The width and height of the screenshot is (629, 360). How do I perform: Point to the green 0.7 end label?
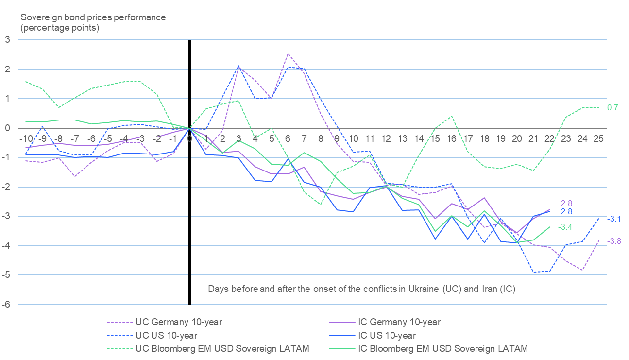pos(612,107)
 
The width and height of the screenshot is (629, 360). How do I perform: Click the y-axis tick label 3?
pos(7,40)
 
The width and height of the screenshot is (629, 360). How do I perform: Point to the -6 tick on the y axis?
pos(6,305)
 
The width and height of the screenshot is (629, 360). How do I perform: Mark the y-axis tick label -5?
pos(6,275)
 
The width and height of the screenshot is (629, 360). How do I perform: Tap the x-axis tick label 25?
pos(599,138)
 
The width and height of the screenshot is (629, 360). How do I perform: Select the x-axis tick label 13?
pos(402,138)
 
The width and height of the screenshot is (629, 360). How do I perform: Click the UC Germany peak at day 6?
pos(288,54)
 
